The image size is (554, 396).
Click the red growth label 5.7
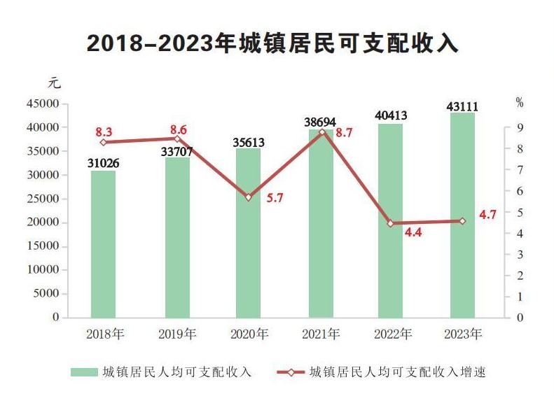pos(275,198)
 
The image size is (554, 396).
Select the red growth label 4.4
pos(413,232)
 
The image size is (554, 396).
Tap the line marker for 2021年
pos(322,132)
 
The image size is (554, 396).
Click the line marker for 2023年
pos(462,221)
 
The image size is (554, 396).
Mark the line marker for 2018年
pos(103,142)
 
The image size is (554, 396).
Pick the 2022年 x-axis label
pos(391,334)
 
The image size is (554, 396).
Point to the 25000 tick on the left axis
pos(43,199)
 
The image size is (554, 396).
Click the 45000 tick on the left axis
pos(43,104)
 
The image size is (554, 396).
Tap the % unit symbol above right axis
pos(520,103)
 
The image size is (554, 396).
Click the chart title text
pos(272,43)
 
